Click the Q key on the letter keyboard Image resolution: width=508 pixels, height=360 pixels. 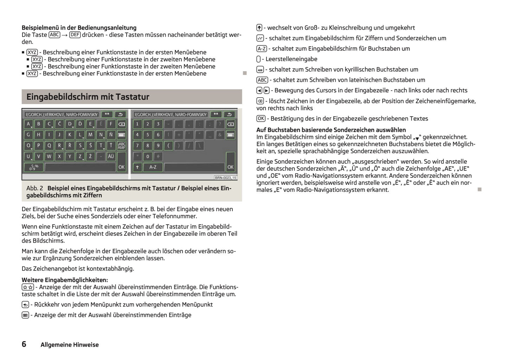tap(49, 145)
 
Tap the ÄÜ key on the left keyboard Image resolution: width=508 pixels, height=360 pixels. tap(111, 156)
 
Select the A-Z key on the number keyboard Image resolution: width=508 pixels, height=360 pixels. tap(153, 167)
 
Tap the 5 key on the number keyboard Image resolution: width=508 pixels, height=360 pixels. tap(148, 135)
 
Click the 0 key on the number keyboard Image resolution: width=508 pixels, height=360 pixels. tap(148, 156)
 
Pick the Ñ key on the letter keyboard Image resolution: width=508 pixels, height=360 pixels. tap(111, 135)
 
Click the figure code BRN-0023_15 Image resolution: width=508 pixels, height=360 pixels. tap(226, 178)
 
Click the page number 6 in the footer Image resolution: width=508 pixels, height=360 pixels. tap(24, 344)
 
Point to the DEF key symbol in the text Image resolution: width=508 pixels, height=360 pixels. tap(75, 35)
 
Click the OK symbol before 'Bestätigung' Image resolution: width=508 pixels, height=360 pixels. tap(261, 119)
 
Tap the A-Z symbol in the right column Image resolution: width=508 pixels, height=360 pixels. tap(262, 49)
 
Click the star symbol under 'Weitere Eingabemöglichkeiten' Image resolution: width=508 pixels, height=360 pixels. tap(28, 287)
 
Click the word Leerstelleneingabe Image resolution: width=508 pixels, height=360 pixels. tap(291, 59)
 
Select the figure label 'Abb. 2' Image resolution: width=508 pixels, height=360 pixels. tap(34, 188)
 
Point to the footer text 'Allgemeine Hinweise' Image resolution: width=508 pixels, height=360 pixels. tap(70, 345)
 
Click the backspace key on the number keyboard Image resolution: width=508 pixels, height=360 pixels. tap(231, 124)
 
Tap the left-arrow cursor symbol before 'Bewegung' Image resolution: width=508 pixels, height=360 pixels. tap(259, 91)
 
